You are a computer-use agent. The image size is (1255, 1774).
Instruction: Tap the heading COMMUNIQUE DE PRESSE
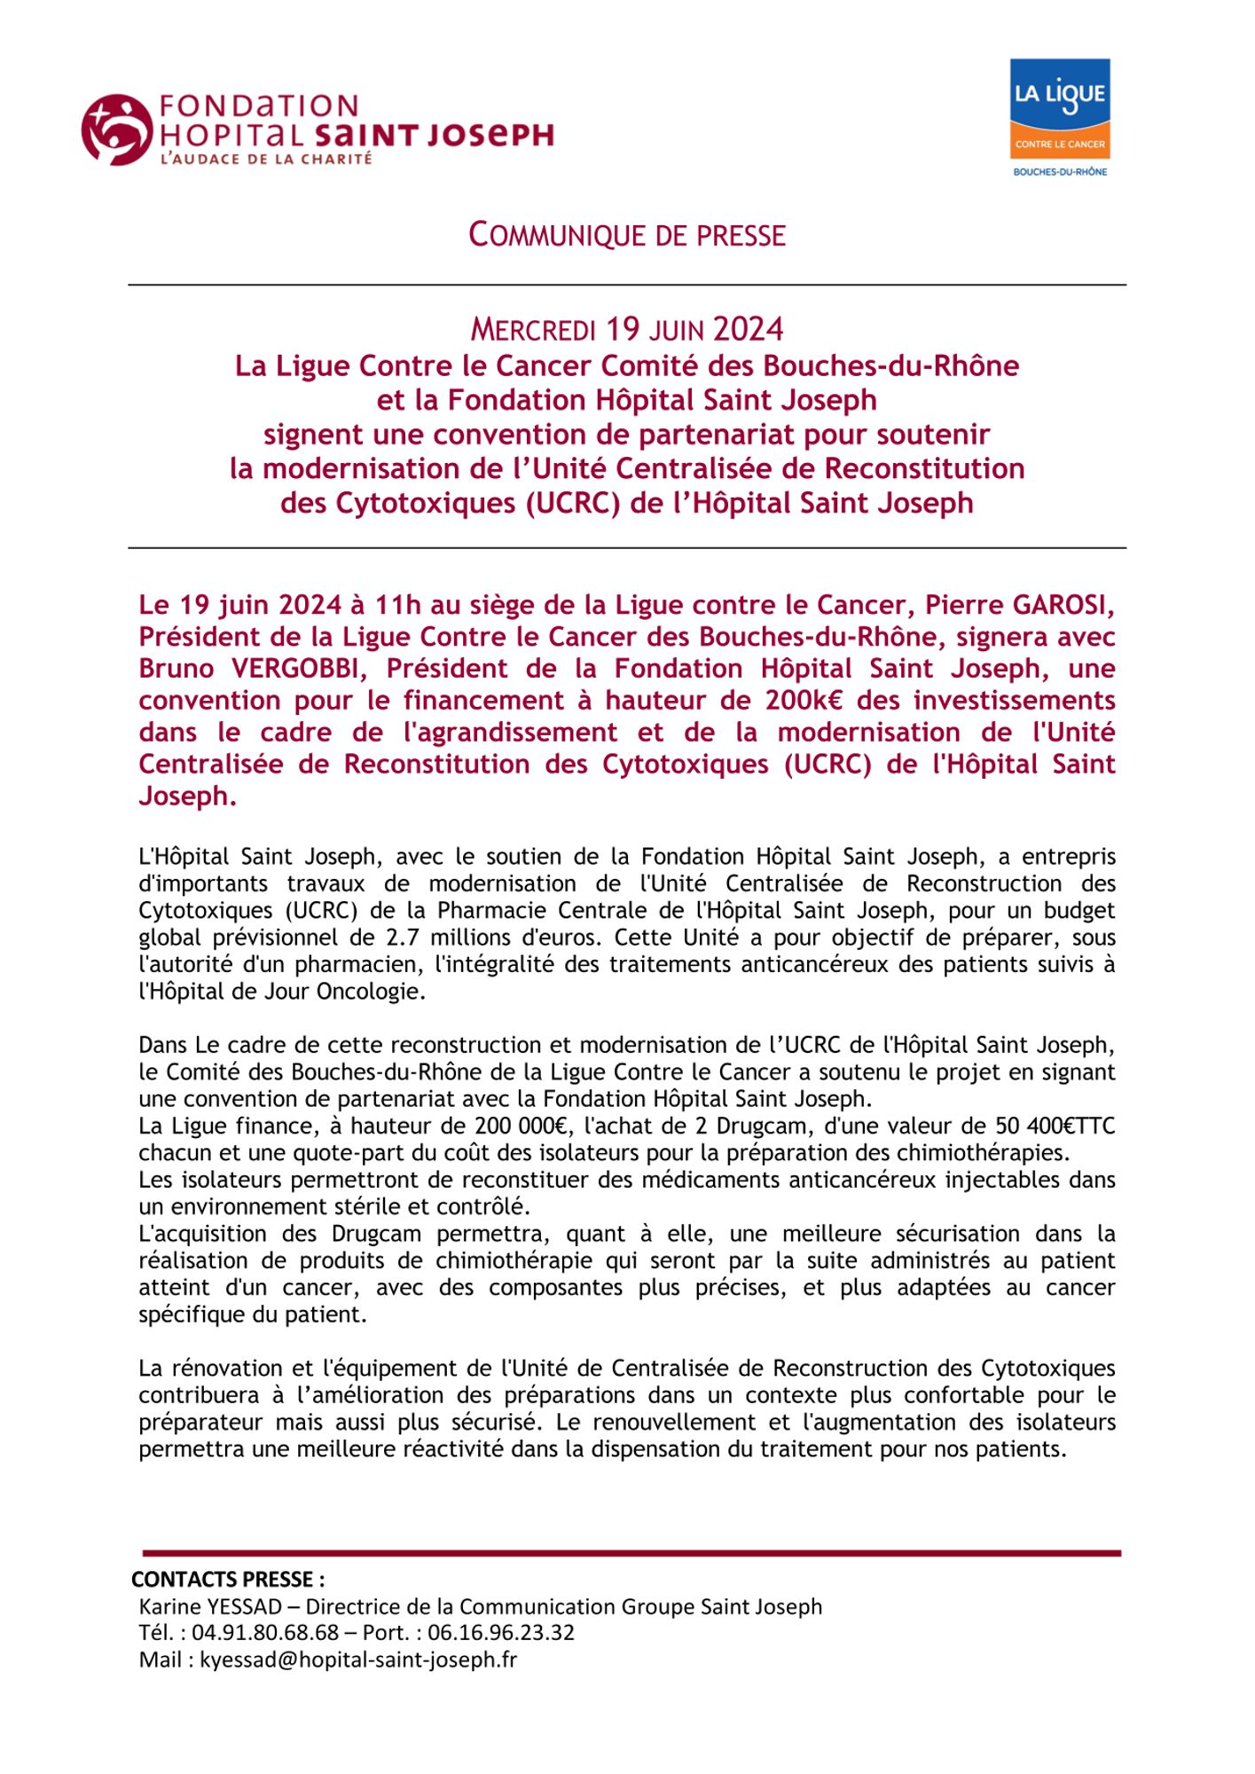[627, 235]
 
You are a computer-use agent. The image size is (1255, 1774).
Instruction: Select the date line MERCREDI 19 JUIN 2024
[627, 330]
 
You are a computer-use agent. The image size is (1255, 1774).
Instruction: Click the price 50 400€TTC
[1047, 1126]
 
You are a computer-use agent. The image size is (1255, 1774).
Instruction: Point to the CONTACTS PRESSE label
[228, 1579]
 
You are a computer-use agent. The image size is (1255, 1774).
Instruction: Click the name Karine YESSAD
[210, 1606]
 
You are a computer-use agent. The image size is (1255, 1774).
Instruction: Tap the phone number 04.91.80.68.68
[265, 1633]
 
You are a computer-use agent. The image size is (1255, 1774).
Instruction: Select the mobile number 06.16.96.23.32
[501, 1633]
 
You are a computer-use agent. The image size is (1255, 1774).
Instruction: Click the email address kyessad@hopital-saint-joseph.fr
[358, 1660]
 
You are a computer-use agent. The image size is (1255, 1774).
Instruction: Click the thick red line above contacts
[631, 1553]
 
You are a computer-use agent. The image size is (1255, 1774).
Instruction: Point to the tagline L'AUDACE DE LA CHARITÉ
[265, 160]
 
